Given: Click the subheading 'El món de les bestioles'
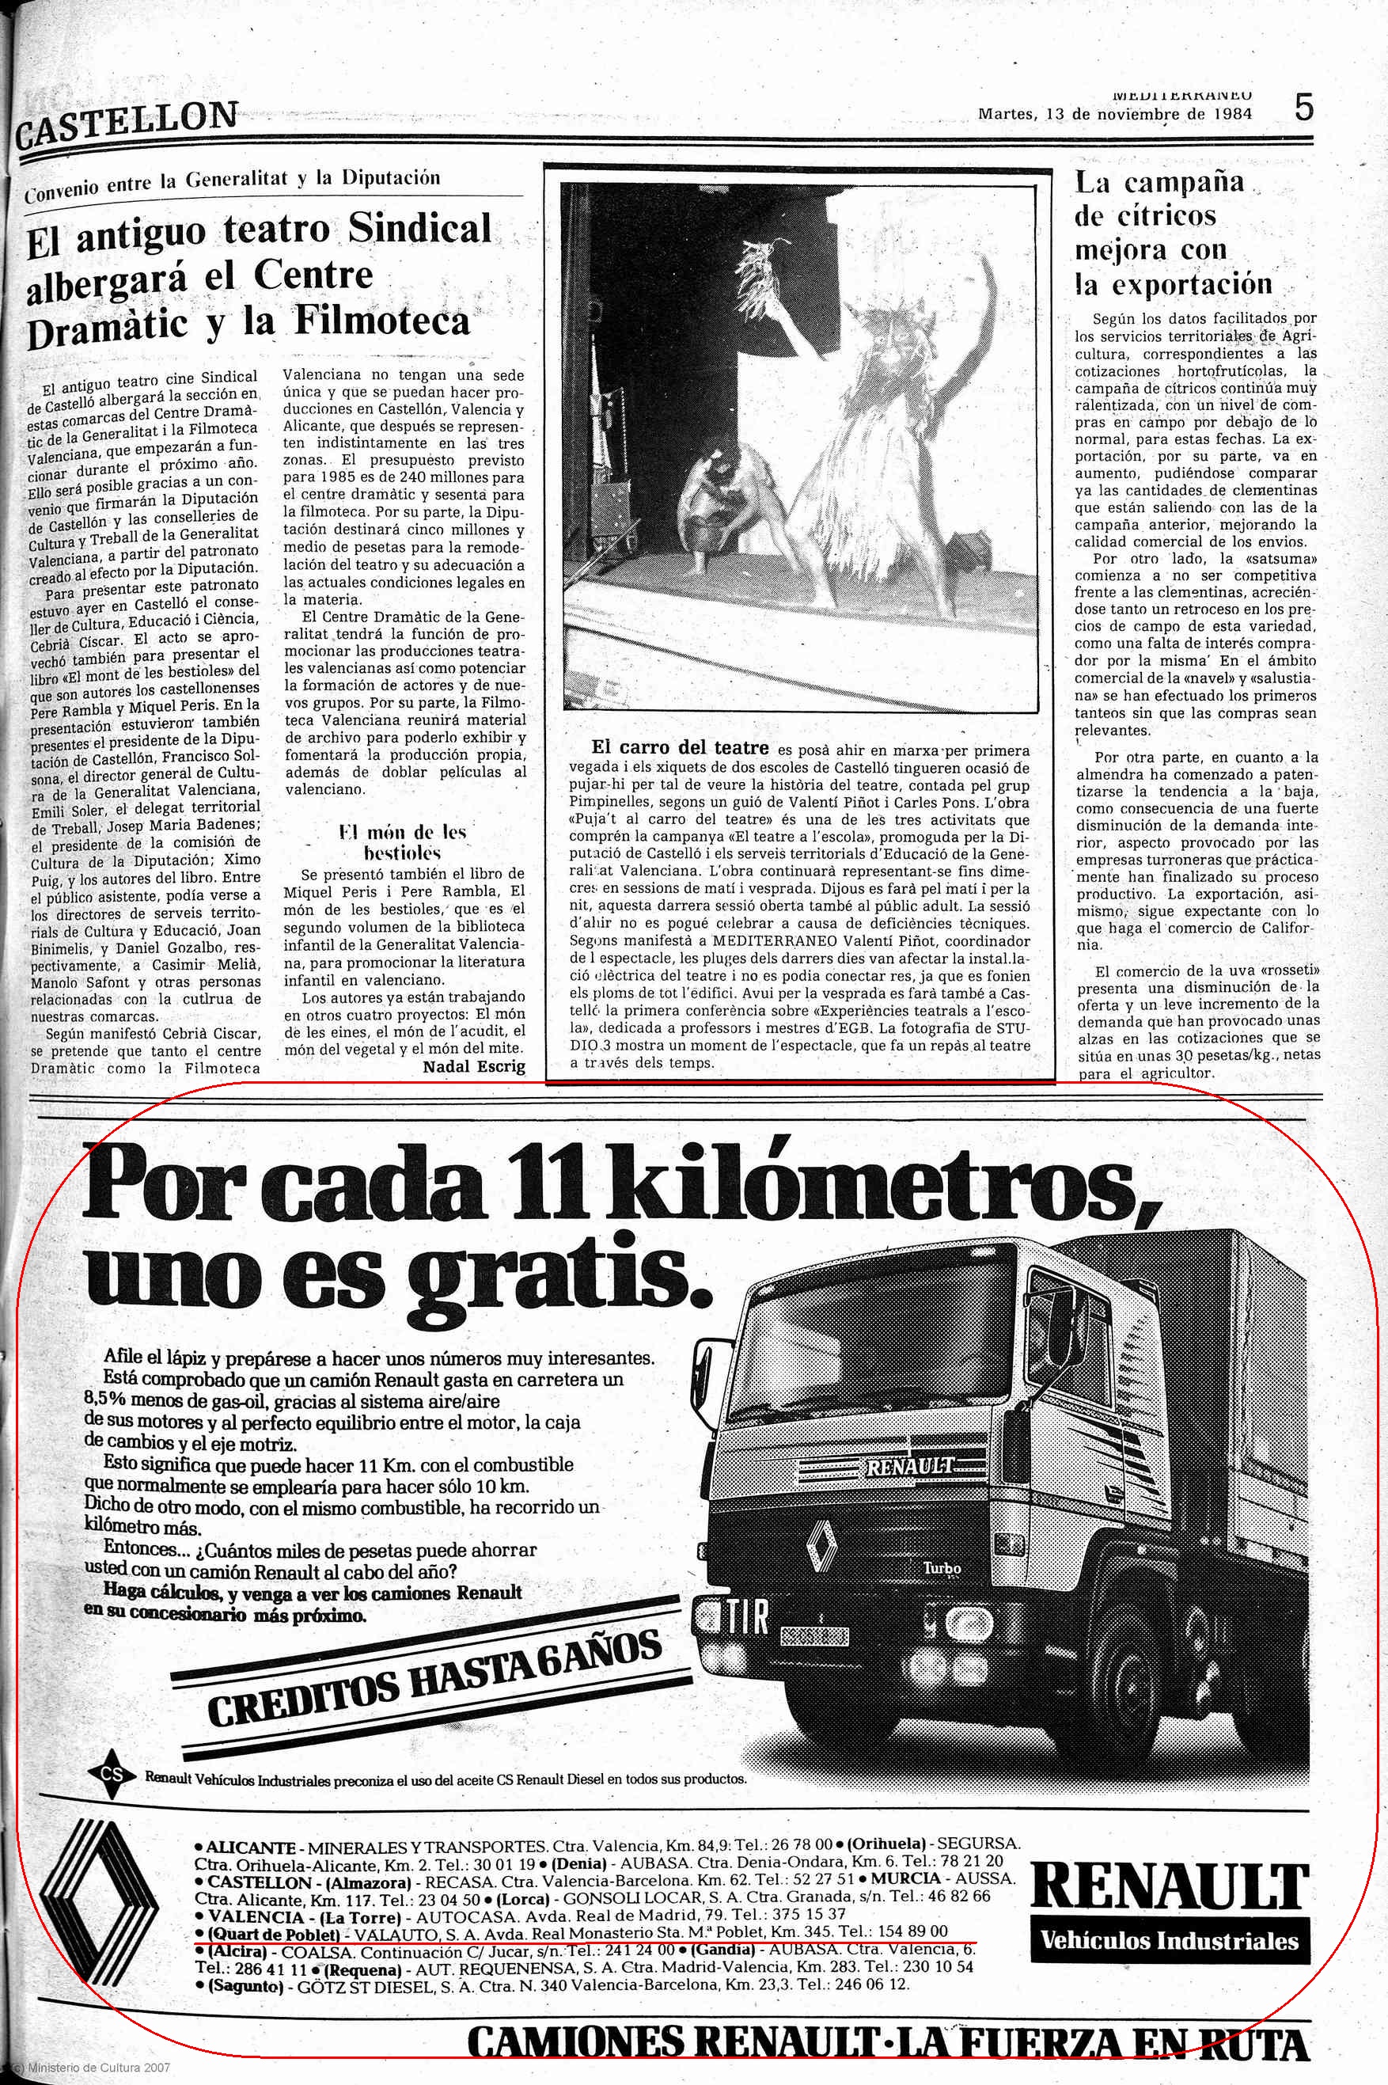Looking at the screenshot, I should click(403, 843).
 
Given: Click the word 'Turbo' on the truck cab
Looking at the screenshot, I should click(941, 1567).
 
